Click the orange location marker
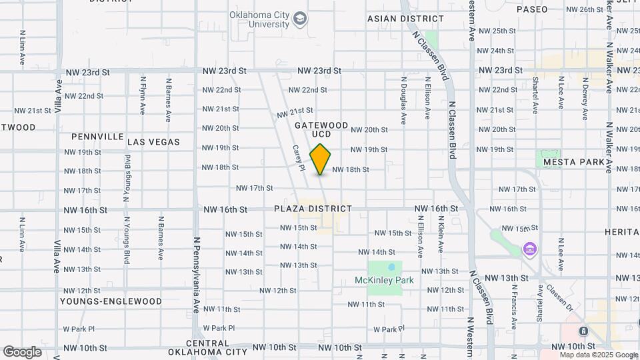tap(321, 159)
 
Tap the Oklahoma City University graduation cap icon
tap(300, 18)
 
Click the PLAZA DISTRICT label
tap(313, 209)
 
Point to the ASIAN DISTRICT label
tap(405, 19)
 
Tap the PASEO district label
tap(532, 9)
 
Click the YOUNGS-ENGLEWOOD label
tap(111, 301)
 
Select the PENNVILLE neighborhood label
tap(97, 137)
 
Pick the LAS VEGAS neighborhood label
tap(153, 142)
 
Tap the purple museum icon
tap(530, 250)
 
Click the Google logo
tap(22, 352)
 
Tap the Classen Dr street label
tap(559, 298)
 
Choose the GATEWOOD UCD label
tap(321, 129)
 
